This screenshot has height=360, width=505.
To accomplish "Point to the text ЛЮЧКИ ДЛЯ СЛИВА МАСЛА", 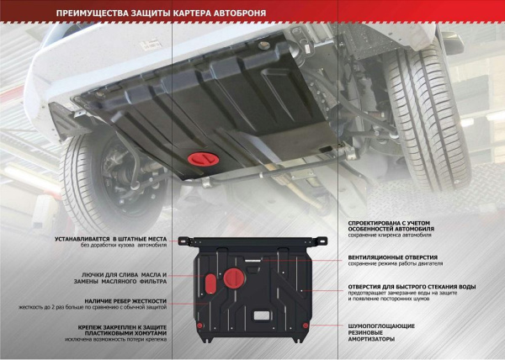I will click(x=124, y=275).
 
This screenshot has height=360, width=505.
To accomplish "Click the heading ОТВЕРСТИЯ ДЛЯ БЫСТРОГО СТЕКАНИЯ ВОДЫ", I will click(x=412, y=286).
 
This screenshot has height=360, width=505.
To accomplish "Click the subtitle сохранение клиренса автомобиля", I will click(x=390, y=236).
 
